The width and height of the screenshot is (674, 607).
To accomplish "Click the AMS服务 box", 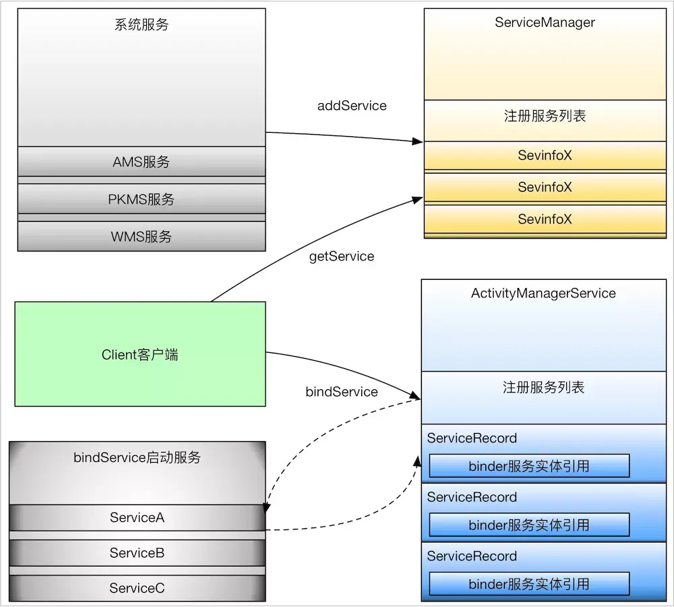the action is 142,162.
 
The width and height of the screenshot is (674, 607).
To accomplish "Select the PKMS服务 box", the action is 142,199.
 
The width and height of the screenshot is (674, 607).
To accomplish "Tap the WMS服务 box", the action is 142,236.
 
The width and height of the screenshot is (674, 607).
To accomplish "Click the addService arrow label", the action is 352,106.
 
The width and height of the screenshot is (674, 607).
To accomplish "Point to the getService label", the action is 342,256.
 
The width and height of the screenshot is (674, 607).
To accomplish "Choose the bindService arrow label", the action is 342,392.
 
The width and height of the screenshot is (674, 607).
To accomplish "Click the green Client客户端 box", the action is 140,354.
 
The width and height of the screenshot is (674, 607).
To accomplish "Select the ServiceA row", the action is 137,517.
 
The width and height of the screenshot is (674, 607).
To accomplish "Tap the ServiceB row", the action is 137,553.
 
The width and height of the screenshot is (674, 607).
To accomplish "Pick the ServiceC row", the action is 137,588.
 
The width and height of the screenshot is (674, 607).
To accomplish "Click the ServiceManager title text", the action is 545,22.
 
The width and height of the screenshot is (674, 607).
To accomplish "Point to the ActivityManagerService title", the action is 543,293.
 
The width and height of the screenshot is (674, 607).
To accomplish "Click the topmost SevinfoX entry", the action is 545,155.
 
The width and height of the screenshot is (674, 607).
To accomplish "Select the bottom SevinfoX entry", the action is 545,219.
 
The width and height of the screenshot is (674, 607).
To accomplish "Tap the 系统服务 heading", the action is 142,24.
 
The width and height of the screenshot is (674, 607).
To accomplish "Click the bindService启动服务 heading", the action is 137,457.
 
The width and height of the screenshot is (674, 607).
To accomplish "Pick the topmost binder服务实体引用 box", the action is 529,466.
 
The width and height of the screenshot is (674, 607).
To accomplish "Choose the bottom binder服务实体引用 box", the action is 529,584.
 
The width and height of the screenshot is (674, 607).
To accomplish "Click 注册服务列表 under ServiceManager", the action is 545,116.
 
